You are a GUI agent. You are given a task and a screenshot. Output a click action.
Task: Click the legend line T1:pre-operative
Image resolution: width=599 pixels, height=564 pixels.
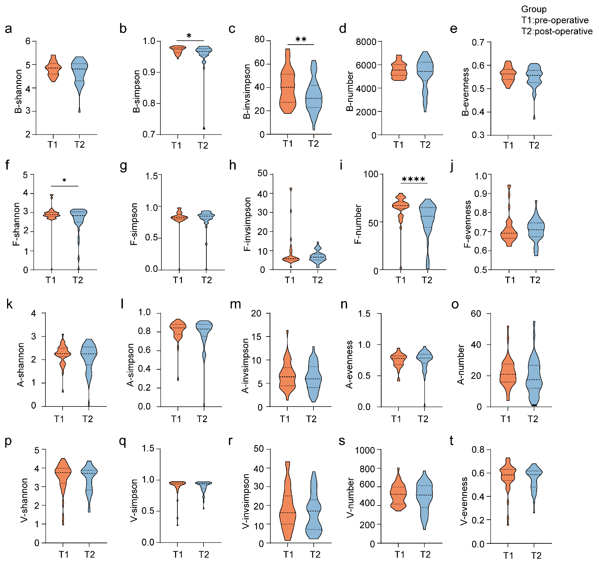(x=555, y=20)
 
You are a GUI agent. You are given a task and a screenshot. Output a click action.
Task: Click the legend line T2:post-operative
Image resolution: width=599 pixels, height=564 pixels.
(x=557, y=31)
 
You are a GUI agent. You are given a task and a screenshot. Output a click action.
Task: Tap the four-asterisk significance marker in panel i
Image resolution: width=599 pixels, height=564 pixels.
(x=413, y=180)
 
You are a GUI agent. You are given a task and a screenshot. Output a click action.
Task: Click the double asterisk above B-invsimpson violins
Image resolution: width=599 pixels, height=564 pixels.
(x=301, y=40)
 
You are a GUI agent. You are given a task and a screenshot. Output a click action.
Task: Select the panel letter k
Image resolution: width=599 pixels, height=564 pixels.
(x=9, y=304)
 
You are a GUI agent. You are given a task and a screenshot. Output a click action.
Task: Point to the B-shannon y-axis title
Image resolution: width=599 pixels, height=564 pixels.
(x=18, y=91)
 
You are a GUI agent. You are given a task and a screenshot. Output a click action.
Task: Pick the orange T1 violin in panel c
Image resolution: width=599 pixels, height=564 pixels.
(x=288, y=87)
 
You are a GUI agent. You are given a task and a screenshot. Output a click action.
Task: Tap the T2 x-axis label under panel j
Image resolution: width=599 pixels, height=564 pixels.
(x=535, y=280)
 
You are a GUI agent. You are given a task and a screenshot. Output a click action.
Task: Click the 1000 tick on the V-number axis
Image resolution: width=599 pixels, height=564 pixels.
(x=365, y=450)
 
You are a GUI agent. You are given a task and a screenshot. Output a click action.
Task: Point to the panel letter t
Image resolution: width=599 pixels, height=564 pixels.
(x=451, y=441)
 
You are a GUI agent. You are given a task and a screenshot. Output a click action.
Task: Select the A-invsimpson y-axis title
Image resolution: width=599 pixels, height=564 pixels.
(x=245, y=366)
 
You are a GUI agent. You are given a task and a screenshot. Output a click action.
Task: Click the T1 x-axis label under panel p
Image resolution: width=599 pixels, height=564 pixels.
(x=64, y=554)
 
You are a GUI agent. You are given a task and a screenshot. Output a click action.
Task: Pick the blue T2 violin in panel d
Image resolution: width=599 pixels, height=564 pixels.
(x=425, y=72)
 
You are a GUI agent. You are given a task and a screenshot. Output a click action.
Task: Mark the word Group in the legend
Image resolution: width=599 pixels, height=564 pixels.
(x=534, y=9)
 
